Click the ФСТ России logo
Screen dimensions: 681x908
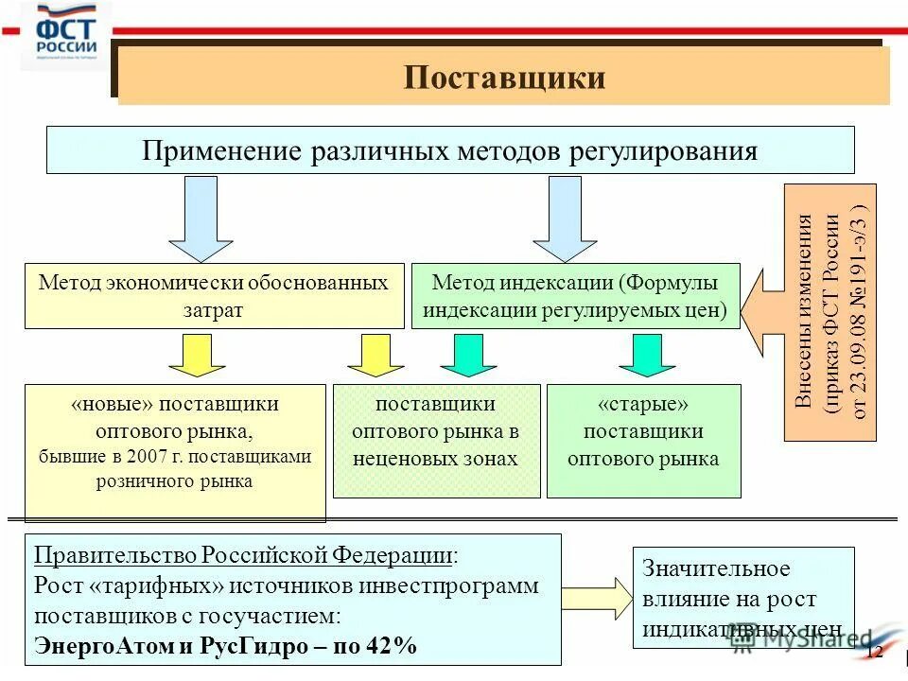(x=66, y=35)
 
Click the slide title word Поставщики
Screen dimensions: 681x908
(x=504, y=77)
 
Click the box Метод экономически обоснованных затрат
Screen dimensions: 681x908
(x=214, y=296)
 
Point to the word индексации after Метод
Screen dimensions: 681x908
(x=562, y=283)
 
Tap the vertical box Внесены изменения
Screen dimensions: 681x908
(x=829, y=312)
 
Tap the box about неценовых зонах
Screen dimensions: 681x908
(x=436, y=440)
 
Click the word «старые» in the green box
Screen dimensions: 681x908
(x=643, y=404)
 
